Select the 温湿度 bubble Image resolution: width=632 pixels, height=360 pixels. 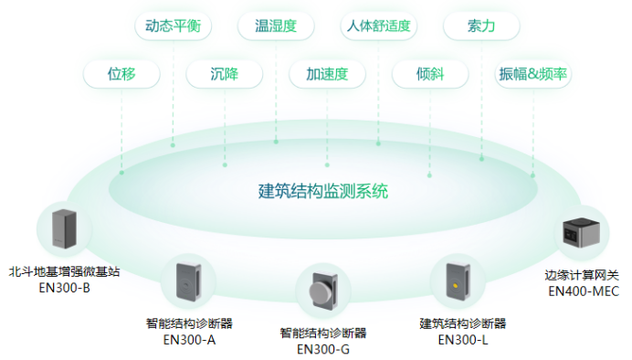(275, 26)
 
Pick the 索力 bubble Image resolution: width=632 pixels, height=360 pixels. (481, 26)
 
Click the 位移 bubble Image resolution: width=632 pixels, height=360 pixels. (121, 74)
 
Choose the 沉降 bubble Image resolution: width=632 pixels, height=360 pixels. (224, 74)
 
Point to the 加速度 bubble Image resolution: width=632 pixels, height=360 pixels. (327, 74)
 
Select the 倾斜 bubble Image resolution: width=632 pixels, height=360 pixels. (429, 74)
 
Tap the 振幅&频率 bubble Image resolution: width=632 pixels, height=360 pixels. (533, 74)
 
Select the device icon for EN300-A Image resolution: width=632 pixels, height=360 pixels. (187, 284)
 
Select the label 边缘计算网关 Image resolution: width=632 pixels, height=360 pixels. (583, 275)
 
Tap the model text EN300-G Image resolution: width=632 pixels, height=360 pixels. (322, 348)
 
